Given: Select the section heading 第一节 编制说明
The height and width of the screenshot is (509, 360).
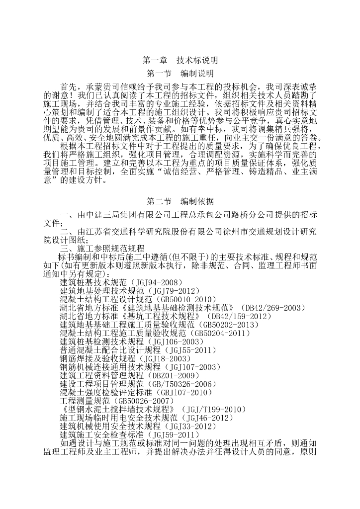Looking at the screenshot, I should pyautogui.click(x=180, y=74).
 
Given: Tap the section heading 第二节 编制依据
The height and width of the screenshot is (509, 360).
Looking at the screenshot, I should pyautogui.click(x=180, y=202).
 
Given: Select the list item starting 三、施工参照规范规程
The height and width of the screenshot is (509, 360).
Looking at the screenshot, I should pyautogui.click(x=102, y=248).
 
